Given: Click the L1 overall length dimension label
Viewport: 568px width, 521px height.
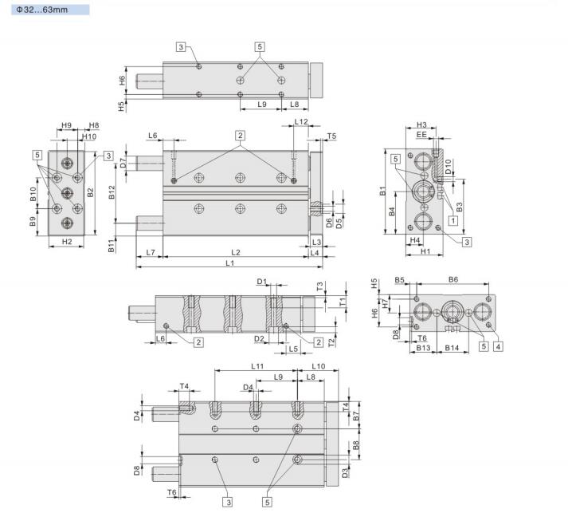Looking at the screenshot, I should pyautogui.click(x=229, y=262).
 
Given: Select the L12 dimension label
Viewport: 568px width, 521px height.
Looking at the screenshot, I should pyautogui.click(x=301, y=122).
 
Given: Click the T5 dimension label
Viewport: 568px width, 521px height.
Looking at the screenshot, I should pyautogui.click(x=332, y=136).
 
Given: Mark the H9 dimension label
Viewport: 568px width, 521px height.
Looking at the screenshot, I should pyautogui.click(x=67, y=125).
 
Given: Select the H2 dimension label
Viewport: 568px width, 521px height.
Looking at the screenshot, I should pyautogui.click(x=67, y=241).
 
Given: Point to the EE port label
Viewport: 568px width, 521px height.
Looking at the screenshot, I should pyautogui.click(x=421, y=136).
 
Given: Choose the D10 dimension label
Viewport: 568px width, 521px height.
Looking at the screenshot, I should pyautogui.click(x=449, y=168).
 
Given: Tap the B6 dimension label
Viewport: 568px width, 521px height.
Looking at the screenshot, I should pyautogui.click(x=453, y=280).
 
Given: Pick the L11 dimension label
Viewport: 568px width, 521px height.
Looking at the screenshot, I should pyautogui.click(x=257, y=365).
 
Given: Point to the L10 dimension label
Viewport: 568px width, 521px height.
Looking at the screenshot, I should pyautogui.click(x=317, y=365).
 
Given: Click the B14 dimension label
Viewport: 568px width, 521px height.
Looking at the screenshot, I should pyautogui.click(x=451, y=348).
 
